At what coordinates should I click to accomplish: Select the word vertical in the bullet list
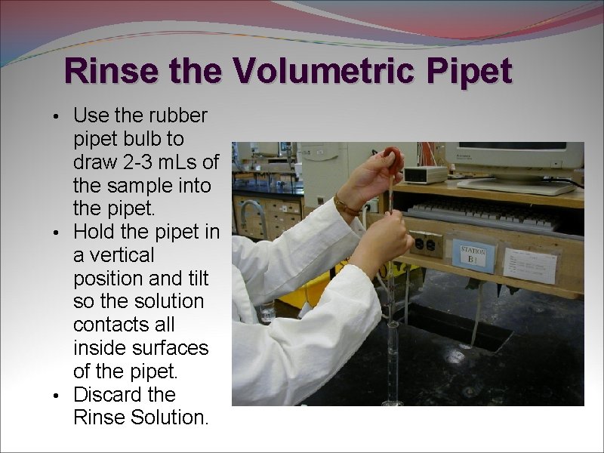pyautogui.click(x=113, y=255)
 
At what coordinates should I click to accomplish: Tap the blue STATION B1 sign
pyautogui.click(x=473, y=255)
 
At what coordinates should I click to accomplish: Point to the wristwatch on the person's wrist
pyautogui.click(x=346, y=204)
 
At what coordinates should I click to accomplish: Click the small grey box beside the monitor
pyautogui.click(x=425, y=174)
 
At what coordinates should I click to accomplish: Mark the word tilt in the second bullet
pyautogui.click(x=199, y=278)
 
